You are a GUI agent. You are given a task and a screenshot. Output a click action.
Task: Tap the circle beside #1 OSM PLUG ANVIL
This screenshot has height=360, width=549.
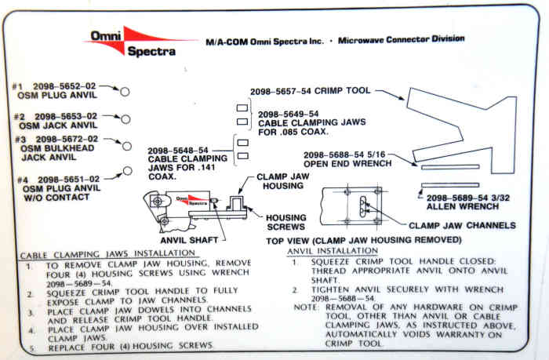[x=125, y=92]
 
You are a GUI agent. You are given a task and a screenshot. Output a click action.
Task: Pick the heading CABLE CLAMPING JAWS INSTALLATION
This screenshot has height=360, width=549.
[x=107, y=254]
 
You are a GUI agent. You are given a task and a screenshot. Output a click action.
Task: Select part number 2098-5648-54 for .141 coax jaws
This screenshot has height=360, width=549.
[x=178, y=150]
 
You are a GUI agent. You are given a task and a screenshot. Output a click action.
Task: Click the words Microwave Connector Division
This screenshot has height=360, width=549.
[x=401, y=38]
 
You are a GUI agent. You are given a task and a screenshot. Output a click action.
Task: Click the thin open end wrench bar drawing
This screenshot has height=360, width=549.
[x=449, y=166]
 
